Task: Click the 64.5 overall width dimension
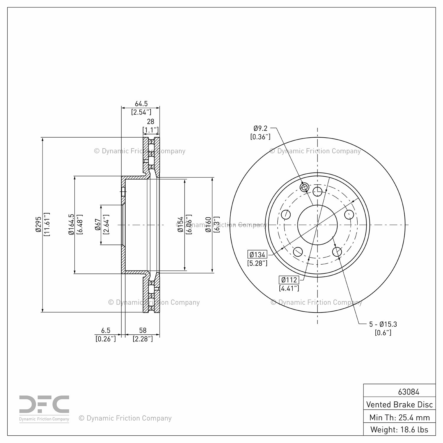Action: click(141, 104)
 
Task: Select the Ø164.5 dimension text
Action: click(71, 225)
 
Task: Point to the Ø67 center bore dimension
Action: click(97, 225)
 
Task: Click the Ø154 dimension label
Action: click(180, 224)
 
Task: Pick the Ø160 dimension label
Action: click(209, 224)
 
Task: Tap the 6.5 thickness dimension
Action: click(106, 330)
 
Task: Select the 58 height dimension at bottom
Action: click(143, 330)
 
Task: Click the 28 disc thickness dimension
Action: click(151, 121)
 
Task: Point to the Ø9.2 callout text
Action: click(260, 128)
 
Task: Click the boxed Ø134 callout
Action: click(258, 255)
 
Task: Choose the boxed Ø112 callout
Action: click(289, 280)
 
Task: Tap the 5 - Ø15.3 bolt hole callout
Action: click(383, 324)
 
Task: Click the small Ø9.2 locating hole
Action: click(304, 187)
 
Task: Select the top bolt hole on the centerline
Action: click(317, 191)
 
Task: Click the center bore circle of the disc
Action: click(317, 225)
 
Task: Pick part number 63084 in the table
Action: click(408, 392)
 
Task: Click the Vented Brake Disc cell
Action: click(400, 404)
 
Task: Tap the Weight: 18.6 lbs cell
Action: click(400, 429)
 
